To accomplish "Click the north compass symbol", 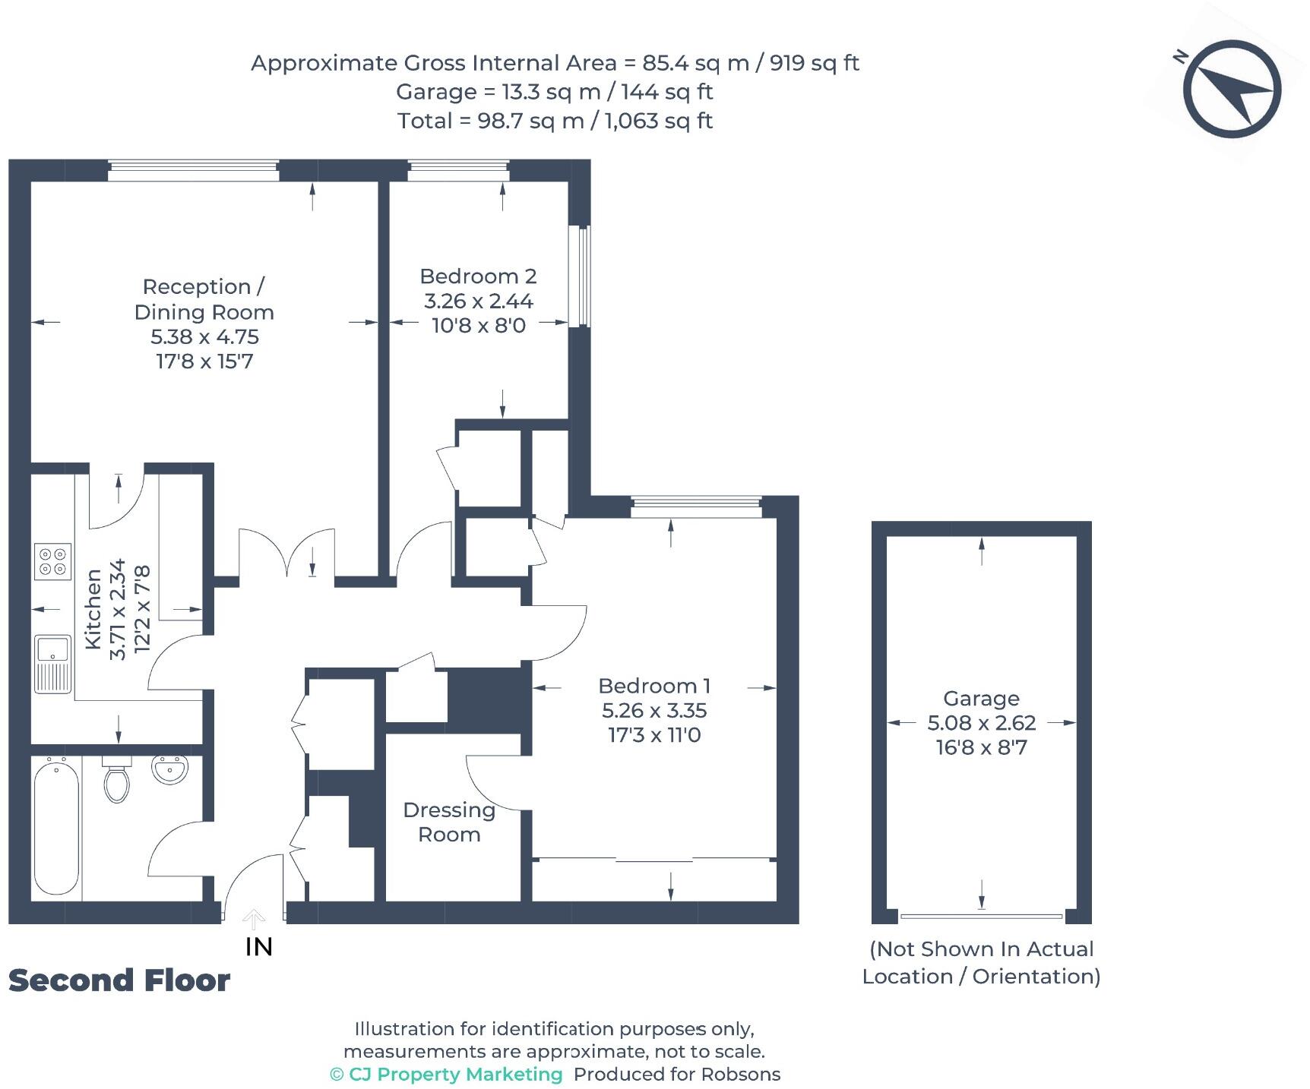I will (1235, 90).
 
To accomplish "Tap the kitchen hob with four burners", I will (53, 561).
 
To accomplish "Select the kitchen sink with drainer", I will (52, 663).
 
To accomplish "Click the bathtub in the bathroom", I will (56, 827).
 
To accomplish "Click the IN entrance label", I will (258, 947).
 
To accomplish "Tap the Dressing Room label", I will (449, 822).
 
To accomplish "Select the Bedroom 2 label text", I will (478, 276).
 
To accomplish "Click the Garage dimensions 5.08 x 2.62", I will (981, 722).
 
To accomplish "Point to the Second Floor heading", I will (119, 980).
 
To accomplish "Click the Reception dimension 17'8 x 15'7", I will (204, 361).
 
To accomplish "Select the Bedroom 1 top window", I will (696, 507).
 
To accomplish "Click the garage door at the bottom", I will (981, 917).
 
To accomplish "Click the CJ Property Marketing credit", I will (447, 1075).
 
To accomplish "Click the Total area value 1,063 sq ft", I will (658, 121).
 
